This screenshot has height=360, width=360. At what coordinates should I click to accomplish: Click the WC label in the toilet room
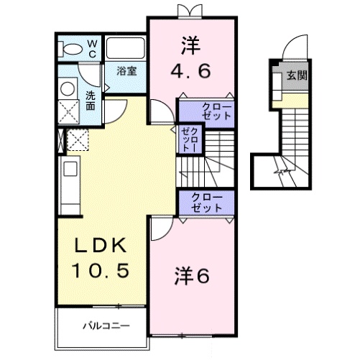[92, 47]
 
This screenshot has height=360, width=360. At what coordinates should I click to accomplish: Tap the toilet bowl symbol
[72, 48]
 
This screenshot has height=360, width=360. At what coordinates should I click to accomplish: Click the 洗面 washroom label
[91, 101]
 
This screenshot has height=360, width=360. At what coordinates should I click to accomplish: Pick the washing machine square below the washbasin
[69, 111]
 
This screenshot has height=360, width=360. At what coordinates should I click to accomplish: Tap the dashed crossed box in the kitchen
[75, 140]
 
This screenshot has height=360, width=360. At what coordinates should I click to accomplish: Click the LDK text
[103, 246]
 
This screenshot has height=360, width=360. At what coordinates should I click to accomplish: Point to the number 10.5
[103, 271]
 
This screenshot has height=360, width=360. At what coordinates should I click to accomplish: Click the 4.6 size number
[190, 72]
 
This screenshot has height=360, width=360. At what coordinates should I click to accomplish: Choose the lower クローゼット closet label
[206, 202]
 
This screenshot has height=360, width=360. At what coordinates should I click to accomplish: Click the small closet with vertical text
[190, 138]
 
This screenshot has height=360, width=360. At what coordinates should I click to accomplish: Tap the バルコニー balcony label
[105, 326]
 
